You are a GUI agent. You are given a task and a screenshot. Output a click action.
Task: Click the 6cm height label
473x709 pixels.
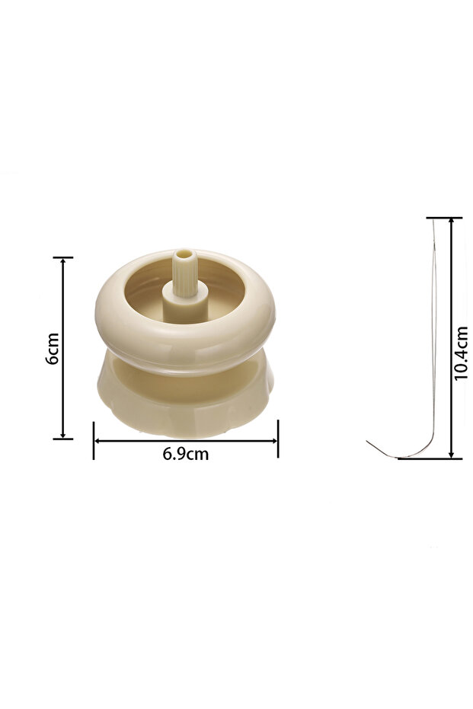[53, 348]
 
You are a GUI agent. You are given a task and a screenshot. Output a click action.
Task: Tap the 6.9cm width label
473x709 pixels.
[186, 454]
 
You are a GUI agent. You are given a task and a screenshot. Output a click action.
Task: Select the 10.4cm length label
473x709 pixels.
[462, 353]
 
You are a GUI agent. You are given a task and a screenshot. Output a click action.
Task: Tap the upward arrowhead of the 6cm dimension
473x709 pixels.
[63, 261]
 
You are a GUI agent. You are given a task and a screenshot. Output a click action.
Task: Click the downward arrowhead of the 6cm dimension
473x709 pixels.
[63, 435]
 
